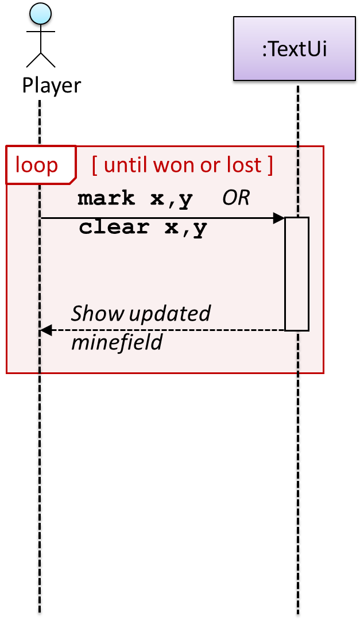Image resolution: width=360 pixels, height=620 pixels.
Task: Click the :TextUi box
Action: pyautogui.click(x=294, y=49)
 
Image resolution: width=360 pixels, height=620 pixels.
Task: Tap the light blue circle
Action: pyautogui.click(x=40, y=13)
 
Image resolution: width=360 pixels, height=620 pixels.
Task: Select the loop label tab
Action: pyautogui.click(x=37, y=165)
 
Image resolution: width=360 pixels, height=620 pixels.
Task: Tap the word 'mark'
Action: pyautogui.click(x=106, y=199)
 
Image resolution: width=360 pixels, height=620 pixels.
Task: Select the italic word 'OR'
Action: pyautogui.click(x=236, y=199)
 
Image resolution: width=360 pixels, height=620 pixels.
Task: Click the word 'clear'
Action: pyautogui.click(x=114, y=228)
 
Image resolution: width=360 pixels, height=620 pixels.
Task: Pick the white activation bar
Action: pyautogui.click(x=297, y=274)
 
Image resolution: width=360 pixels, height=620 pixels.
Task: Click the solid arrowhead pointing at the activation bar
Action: pyautogui.click(x=279, y=218)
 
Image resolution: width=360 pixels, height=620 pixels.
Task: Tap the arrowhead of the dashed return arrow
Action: pyautogui.click(x=46, y=330)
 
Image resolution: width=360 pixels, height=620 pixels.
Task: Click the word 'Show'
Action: pyautogui.click(x=97, y=314)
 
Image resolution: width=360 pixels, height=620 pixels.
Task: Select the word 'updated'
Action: pyautogui.click(x=169, y=314)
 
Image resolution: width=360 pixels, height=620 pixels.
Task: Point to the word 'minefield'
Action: pyautogui.click(x=117, y=342)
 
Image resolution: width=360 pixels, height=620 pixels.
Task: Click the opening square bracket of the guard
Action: pyautogui.click(x=95, y=165)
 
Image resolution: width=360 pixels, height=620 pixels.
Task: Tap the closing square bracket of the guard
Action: pyautogui.click(x=269, y=165)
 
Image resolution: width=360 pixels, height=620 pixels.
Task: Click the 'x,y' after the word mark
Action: pyautogui.click(x=171, y=199)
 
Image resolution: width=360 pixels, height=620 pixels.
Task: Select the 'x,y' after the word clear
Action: pyautogui.click(x=185, y=228)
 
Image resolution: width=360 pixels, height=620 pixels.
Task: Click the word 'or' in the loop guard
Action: pyautogui.click(x=207, y=165)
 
